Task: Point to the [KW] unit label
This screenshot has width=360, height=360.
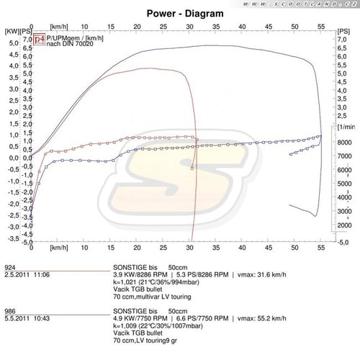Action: click(12, 31)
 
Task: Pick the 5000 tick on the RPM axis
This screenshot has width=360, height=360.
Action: click(343, 184)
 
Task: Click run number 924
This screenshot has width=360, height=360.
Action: click(10, 266)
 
